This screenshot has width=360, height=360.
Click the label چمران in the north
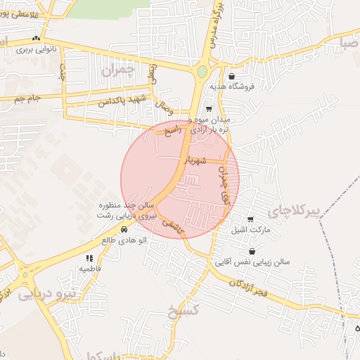117,71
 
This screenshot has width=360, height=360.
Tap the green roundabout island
202,71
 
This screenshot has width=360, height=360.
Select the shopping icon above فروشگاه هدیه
231,77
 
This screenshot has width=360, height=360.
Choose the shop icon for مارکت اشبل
251,219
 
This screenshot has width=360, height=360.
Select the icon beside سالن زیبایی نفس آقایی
252,251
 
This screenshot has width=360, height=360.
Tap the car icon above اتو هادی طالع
124,229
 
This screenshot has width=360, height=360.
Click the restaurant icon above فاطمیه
89,258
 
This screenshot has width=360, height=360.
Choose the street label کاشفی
172,224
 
